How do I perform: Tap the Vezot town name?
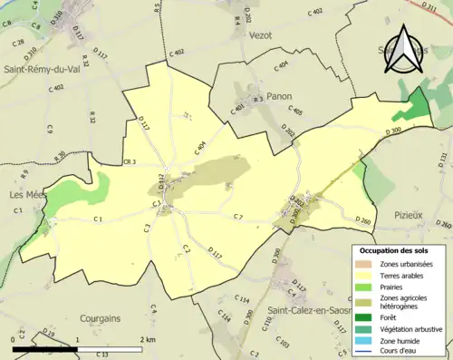[258, 34]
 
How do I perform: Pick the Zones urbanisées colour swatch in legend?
[365, 263]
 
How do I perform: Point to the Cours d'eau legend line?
[365, 352]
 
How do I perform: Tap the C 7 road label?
[238, 216]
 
